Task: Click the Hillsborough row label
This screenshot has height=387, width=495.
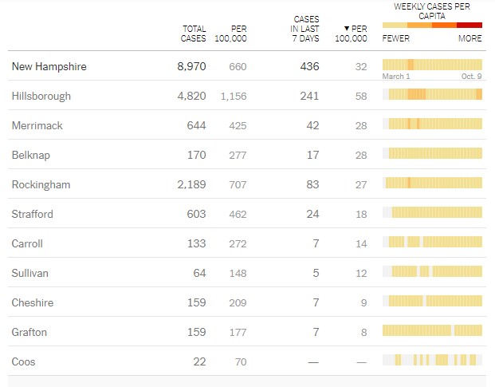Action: [41, 96]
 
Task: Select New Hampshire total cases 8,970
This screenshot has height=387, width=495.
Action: [191, 66]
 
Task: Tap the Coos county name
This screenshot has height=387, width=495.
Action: [24, 361]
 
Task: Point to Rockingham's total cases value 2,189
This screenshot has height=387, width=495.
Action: [190, 184]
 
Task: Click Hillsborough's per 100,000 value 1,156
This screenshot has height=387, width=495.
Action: [234, 96]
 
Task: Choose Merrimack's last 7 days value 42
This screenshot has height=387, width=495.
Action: [312, 125]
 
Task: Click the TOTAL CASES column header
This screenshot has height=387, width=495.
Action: [193, 34]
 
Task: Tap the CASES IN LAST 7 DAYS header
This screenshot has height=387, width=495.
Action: [306, 29]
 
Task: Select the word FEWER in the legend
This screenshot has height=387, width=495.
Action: [396, 38]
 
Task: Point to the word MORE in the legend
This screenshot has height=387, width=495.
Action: [469, 38]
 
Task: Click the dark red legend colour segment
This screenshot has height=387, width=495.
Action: [469, 25]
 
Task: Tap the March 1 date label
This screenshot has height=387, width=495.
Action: [396, 77]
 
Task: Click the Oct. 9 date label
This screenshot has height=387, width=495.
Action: [471, 77]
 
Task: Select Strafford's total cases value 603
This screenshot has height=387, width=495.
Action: [195, 214]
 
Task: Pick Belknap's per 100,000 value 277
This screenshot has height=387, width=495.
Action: [238, 155]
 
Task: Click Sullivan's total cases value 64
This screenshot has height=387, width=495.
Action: [198, 273]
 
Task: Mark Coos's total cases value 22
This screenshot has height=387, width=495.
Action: [199, 361]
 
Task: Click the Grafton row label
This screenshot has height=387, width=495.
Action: [29, 332]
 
